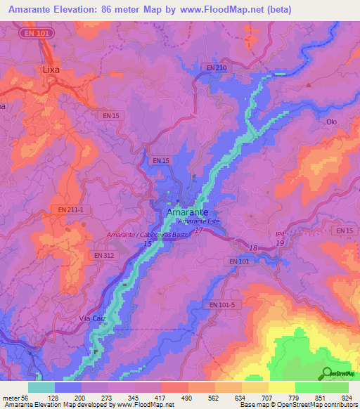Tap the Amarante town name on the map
[186, 212]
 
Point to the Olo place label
[332, 122]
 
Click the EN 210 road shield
[217, 67]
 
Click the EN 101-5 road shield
[223, 305]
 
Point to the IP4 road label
[280, 235]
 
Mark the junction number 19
[280, 243]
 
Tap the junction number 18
[254, 249]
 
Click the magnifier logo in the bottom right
[327, 374]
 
